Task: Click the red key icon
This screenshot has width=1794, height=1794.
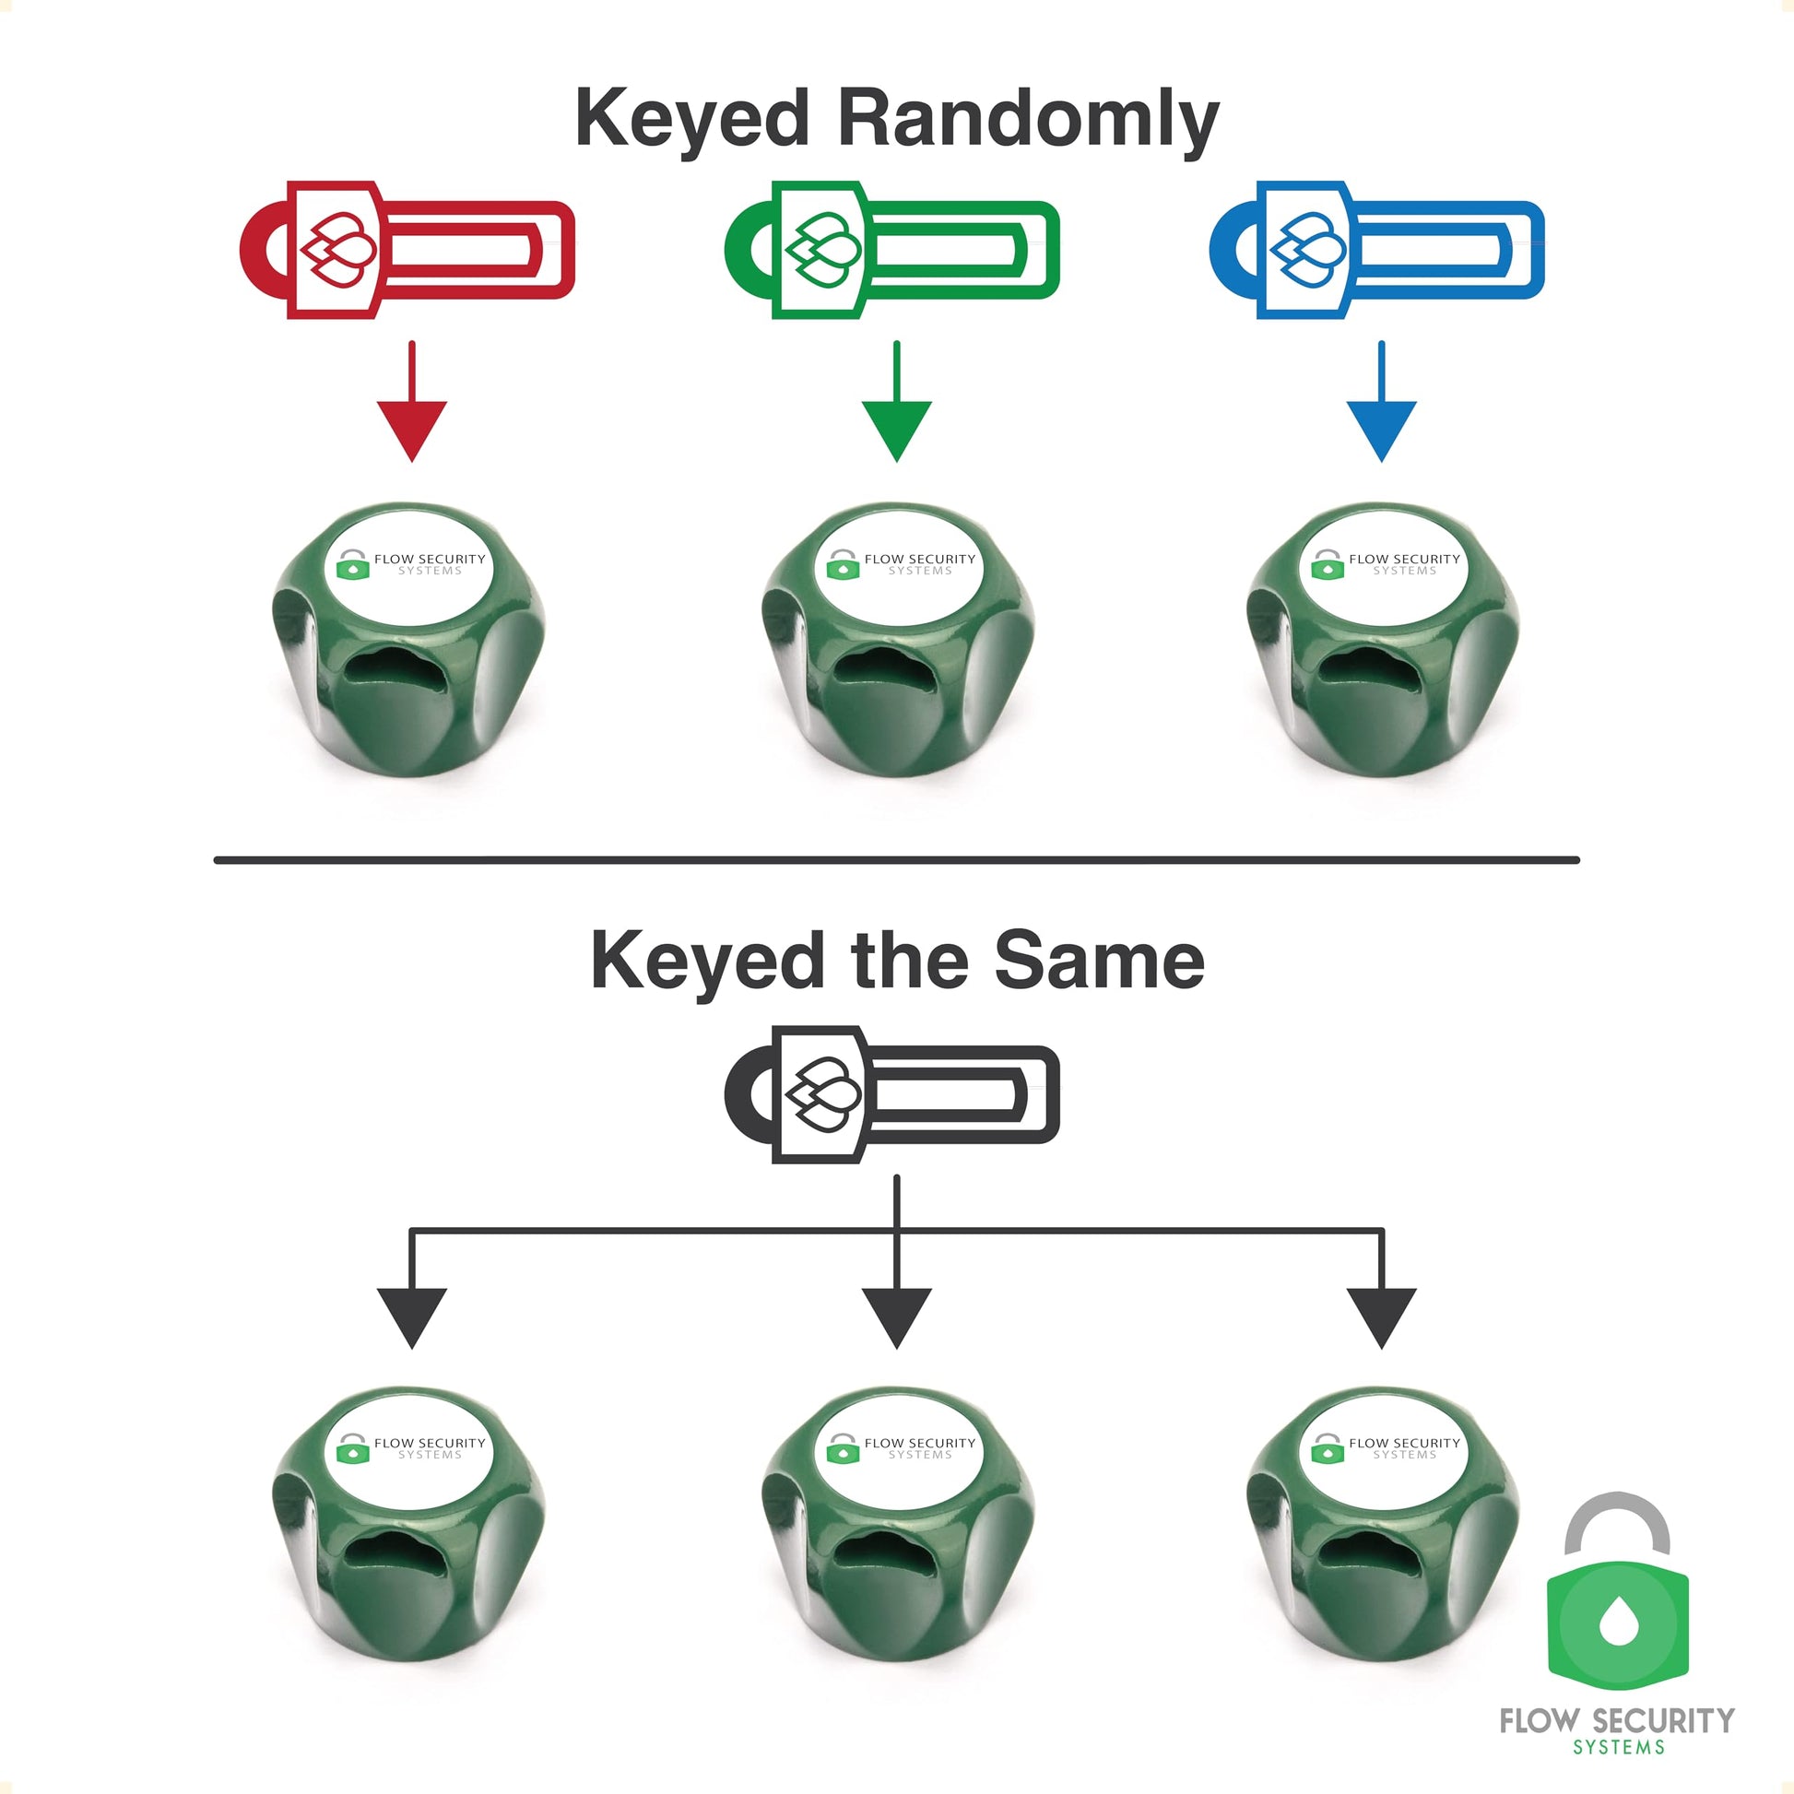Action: point(407,249)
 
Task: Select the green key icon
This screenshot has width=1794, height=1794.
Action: point(891,249)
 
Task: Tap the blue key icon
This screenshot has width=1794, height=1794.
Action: point(1376,249)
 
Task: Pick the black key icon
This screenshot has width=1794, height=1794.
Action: point(891,1094)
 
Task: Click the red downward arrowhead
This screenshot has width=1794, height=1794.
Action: point(411,429)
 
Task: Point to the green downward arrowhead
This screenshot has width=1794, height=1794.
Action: point(896,429)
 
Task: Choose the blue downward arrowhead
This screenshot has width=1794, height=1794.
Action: point(1381,429)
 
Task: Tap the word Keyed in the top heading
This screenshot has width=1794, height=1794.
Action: point(691,119)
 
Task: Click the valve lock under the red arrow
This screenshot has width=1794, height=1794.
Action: point(408,641)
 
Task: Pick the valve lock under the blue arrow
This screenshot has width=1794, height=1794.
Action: point(1382,641)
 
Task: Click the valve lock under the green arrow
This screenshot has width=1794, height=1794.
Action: point(897,641)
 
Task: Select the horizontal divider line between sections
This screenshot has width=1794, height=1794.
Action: point(896,860)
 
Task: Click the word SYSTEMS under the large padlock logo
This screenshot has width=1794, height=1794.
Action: point(1619,1748)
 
